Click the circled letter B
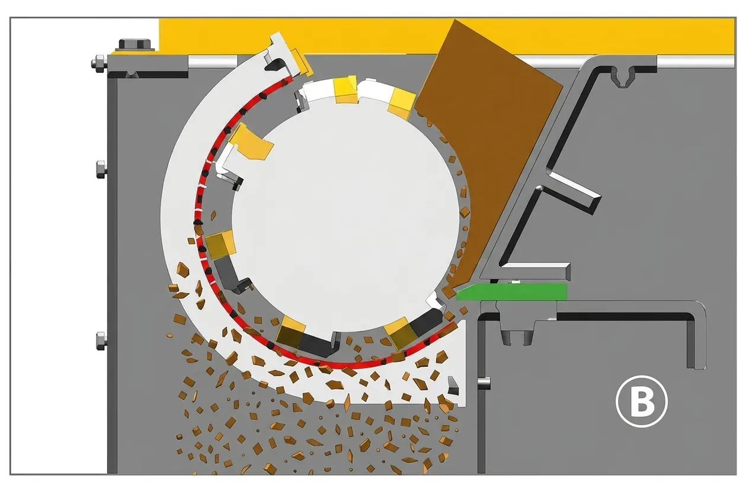641,401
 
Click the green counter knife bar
511,292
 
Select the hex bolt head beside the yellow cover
135,44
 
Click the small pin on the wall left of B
484,383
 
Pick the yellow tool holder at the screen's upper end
300,63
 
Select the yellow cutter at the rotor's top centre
345,89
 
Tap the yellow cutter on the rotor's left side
220,245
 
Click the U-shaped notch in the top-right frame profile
623,78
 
